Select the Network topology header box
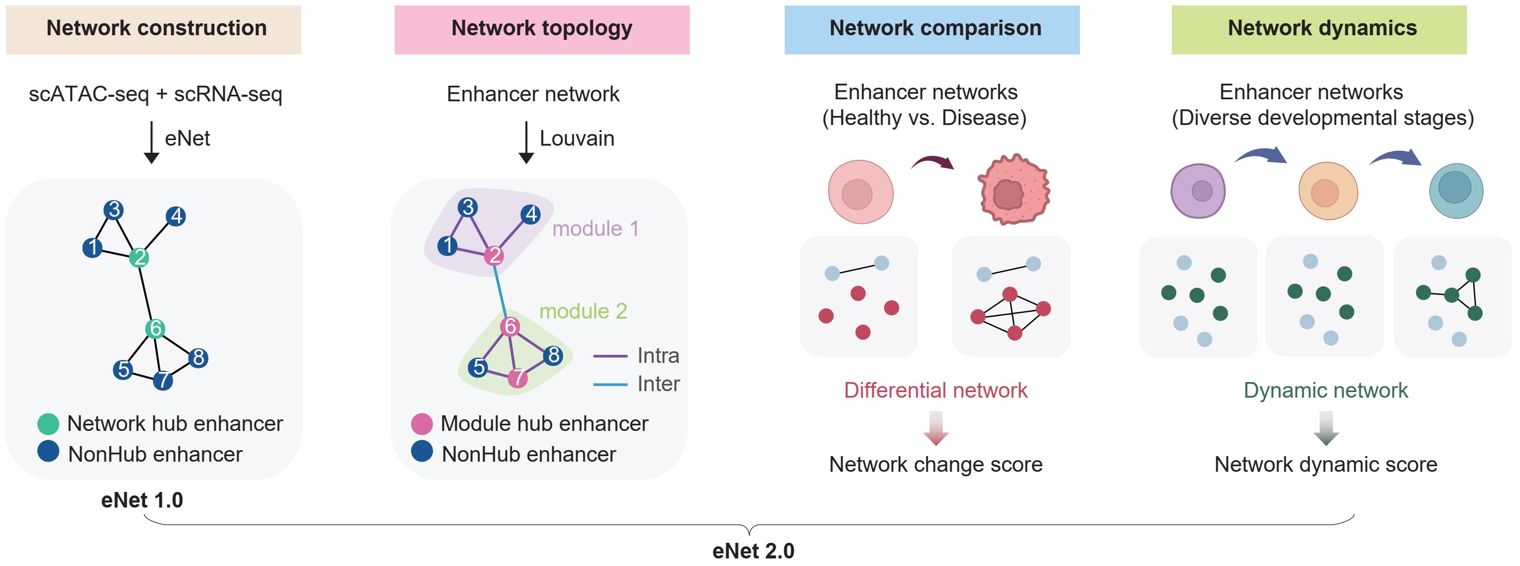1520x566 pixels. pyautogui.click(x=541, y=29)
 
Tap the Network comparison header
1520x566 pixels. pyautogui.click(x=932, y=29)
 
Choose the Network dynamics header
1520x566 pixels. pyautogui.click(x=1319, y=29)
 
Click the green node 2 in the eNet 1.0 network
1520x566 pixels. pyautogui.click(x=139, y=257)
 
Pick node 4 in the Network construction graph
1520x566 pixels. pyautogui.click(x=176, y=216)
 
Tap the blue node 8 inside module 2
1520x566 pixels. pyautogui.click(x=553, y=355)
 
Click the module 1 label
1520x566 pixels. pyautogui.click(x=595, y=229)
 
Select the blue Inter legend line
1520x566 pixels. pyautogui.click(x=610, y=385)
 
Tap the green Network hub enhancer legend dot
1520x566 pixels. pyautogui.click(x=48, y=423)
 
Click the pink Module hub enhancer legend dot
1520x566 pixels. pyautogui.click(x=421, y=424)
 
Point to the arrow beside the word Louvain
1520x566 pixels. pyautogui.click(x=526, y=143)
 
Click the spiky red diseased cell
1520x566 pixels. pyautogui.click(x=1013, y=190)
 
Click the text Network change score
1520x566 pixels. pyautogui.click(x=935, y=465)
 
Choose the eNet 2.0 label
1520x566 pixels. pyautogui.click(x=753, y=551)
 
